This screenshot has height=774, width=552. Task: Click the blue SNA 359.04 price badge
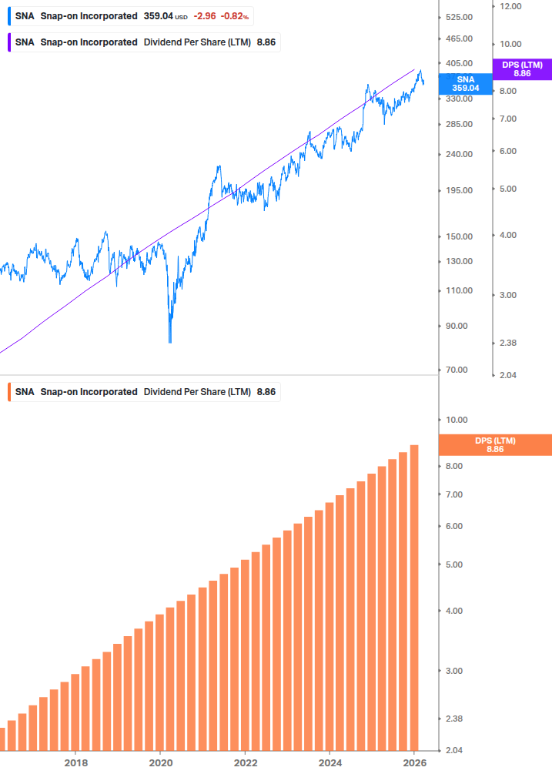tap(465, 83)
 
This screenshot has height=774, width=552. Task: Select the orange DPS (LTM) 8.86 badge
tap(495, 444)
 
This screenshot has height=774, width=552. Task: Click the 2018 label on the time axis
tap(75, 762)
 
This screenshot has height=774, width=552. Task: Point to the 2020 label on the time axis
tap(160, 762)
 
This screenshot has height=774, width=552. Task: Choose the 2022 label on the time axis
tap(245, 762)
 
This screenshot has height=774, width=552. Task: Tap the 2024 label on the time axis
tap(330, 762)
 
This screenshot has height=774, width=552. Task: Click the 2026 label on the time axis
tap(414, 762)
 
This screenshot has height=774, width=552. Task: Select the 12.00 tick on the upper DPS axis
tap(511, 6)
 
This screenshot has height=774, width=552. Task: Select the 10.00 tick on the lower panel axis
tap(457, 420)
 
